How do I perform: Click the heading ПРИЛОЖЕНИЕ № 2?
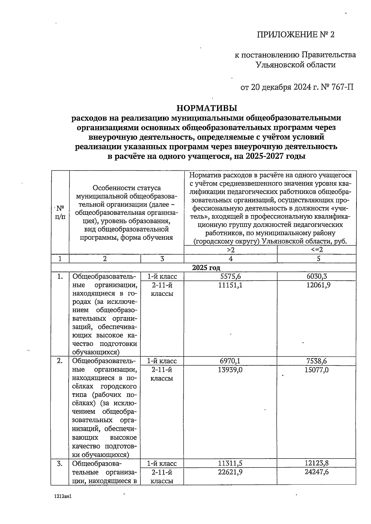pos(296,34)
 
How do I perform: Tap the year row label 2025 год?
pos(206,268)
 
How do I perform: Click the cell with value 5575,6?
pos(230,277)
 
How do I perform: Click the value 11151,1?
pos(230,285)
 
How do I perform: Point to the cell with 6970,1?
pos(230,361)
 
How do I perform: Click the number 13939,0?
pos(230,369)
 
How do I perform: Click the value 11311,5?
pos(230,463)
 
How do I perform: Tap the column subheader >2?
pos(231,250)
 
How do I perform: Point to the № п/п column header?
pos(60,212)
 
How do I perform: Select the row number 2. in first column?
pos(60,361)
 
